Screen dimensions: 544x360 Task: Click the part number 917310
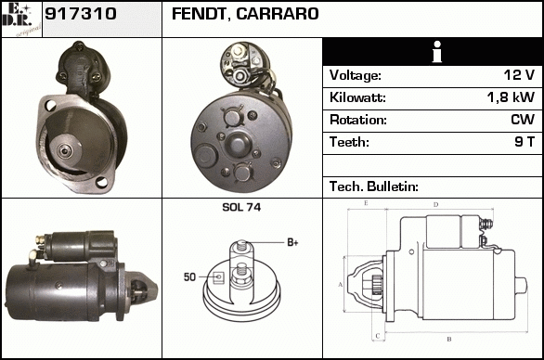click(81, 14)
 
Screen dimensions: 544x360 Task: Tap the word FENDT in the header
click(199, 14)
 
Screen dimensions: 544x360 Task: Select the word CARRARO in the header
click(278, 14)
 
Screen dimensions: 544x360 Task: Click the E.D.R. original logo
click(21, 19)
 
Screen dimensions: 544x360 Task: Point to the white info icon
click(437, 52)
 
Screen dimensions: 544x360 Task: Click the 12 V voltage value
click(519, 75)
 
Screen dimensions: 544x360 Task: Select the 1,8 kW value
click(511, 97)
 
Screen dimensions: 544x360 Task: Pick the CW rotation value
click(523, 120)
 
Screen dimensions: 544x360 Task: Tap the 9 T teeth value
click(525, 142)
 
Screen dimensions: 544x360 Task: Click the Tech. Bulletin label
click(374, 186)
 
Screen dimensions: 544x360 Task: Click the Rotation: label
click(358, 120)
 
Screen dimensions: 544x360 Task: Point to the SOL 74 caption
click(241, 208)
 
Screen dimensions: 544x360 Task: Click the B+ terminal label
click(292, 242)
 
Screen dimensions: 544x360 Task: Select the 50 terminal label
click(189, 277)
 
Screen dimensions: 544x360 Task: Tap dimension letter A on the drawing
click(341, 285)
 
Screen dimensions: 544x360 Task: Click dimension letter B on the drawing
click(449, 339)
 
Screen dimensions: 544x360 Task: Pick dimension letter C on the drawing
click(378, 336)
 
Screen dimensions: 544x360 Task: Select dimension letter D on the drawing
click(435, 205)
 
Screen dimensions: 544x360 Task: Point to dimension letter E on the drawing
click(366, 203)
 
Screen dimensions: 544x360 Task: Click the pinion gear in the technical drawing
click(377, 285)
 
